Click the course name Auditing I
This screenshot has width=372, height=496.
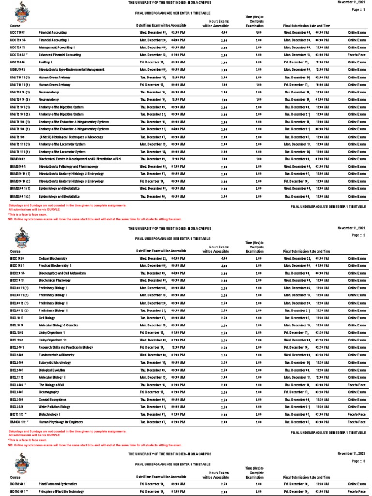coord(46,62)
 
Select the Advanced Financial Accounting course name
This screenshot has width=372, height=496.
coord(60,55)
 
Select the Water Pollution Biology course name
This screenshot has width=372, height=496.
coord(54,407)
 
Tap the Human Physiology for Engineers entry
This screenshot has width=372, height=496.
coord(61,422)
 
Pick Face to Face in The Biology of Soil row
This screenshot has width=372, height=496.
coord(356,385)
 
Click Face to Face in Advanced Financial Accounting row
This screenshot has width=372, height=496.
coord(356,55)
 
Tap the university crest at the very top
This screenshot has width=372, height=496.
coord(21,11)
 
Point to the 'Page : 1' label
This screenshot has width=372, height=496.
coord(356,10)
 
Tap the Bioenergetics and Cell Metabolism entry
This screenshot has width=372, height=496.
coord(62,273)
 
